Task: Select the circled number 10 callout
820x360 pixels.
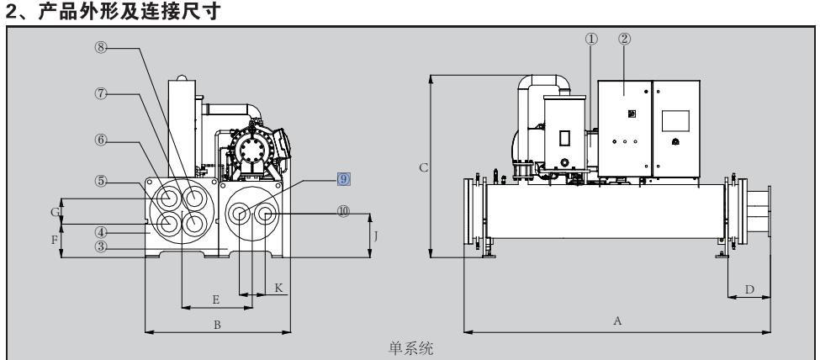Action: click(x=342, y=212)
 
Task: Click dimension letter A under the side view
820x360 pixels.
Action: click(x=618, y=320)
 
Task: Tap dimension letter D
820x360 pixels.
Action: click(x=748, y=289)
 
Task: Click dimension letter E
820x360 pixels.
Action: click(x=216, y=299)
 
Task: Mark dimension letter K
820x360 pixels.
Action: click(x=279, y=287)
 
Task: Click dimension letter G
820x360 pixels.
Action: click(x=53, y=212)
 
